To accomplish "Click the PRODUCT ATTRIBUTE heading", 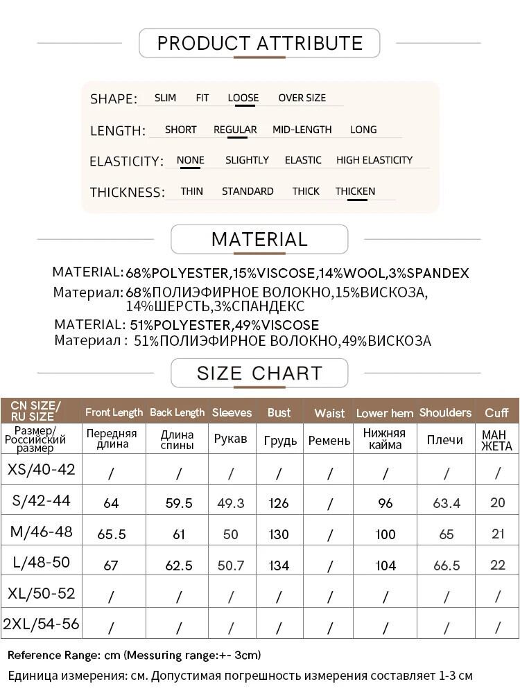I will (x=260, y=44).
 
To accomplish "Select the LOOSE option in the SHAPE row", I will (x=243, y=98).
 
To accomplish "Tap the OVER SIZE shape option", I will (x=302, y=98).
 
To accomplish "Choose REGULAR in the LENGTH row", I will (x=235, y=130).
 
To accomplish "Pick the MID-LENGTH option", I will (x=302, y=130).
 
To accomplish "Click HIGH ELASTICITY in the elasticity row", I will (x=374, y=160).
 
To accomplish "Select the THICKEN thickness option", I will (x=355, y=191).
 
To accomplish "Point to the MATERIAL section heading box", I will (x=259, y=240).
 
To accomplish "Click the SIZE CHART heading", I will (x=259, y=374).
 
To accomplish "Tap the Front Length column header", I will (x=114, y=412).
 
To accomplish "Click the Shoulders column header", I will (x=445, y=412).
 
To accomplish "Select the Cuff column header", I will (x=496, y=413).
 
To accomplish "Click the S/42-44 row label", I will (x=41, y=500).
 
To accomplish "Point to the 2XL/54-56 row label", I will (x=41, y=624).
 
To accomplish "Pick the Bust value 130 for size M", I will (x=279, y=534).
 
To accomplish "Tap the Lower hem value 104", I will (x=385, y=565).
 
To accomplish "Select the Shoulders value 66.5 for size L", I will (x=446, y=565).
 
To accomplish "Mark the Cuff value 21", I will (x=497, y=534).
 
